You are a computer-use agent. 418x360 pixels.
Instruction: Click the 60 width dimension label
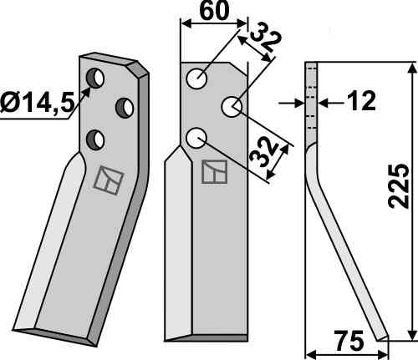[x=214, y=11]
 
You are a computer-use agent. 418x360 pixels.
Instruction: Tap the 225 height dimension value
[x=399, y=186]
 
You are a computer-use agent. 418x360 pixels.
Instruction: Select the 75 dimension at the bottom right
[x=350, y=341]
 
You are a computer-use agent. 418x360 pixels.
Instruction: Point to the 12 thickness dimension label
[x=362, y=101]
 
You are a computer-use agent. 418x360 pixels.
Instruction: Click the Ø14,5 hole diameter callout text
[x=38, y=103]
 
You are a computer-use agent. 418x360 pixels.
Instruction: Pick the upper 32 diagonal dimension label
[x=266, y=41]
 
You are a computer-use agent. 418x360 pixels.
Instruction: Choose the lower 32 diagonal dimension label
[x=264, y=153]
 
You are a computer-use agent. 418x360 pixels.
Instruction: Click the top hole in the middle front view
[x=196, y=79]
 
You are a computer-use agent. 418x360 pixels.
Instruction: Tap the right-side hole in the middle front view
[x=232, y=107]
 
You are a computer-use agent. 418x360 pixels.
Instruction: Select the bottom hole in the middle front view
[x=196, y=138]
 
